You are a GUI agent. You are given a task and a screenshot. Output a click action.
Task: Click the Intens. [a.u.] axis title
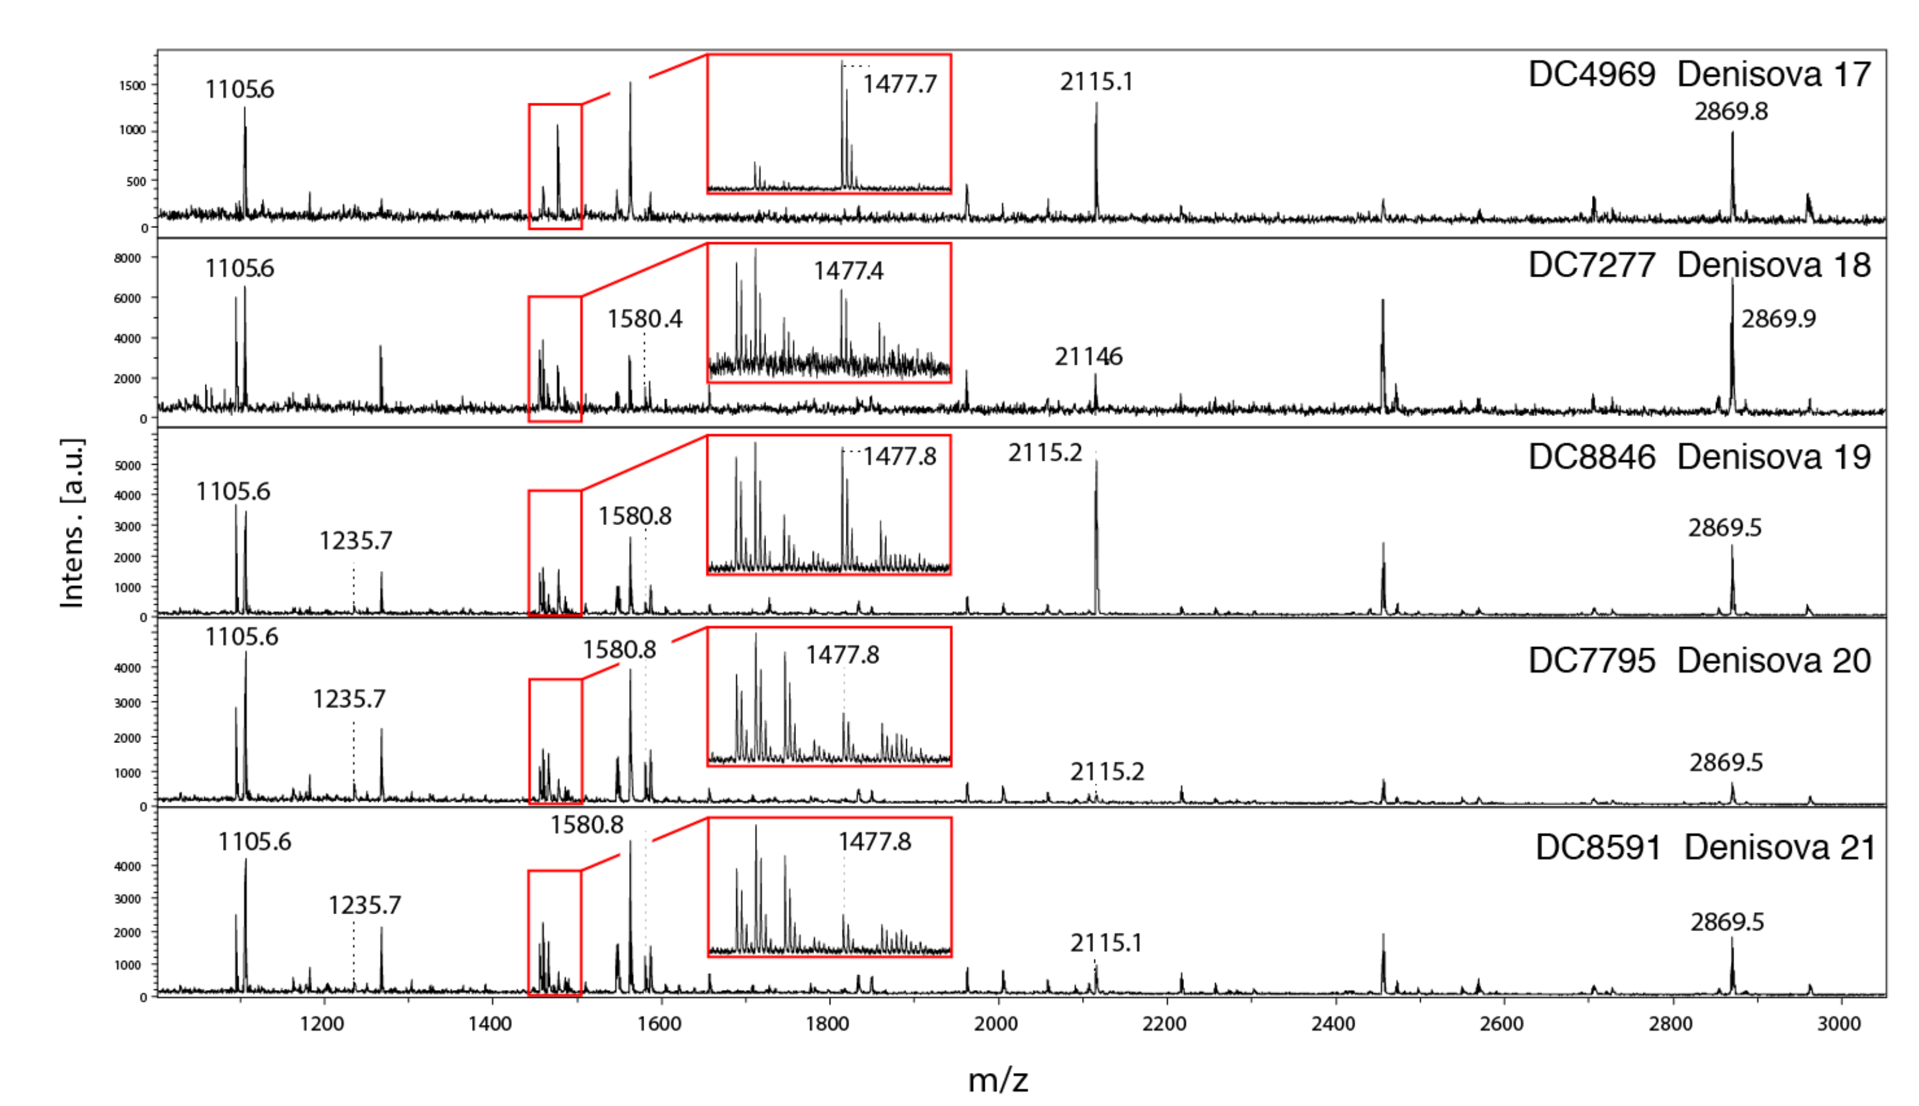73,522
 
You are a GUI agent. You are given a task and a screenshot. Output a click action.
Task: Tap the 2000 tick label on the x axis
996,1024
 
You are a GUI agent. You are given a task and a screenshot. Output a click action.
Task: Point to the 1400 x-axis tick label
490,1024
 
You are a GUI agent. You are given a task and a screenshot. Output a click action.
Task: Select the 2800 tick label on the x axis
1670,1024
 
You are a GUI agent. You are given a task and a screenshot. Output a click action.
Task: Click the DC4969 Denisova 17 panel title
1699,75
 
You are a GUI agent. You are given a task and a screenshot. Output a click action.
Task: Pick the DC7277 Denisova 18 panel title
1699,265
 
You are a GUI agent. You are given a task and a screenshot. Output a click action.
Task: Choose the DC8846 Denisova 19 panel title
1699,457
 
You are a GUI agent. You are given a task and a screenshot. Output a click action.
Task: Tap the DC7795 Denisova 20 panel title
1699,661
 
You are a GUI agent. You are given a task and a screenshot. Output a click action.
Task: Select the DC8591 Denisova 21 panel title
1705,848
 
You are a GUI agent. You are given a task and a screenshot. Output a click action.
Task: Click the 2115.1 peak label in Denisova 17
1096,82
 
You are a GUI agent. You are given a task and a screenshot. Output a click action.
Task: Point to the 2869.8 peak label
1731,111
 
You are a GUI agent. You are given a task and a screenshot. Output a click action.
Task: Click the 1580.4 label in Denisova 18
644,319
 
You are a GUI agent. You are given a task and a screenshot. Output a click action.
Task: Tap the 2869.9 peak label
1778,319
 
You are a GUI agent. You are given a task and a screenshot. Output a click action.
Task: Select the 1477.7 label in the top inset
899,83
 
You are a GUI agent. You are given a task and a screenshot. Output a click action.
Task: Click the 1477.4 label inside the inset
848,271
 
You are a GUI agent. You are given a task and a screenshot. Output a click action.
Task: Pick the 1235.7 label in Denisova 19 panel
356,541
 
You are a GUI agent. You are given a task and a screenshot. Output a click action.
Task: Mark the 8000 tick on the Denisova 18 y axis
128,258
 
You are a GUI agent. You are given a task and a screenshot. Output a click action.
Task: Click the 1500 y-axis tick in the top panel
131,86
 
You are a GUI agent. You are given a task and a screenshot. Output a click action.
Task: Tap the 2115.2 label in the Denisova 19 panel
1045,453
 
